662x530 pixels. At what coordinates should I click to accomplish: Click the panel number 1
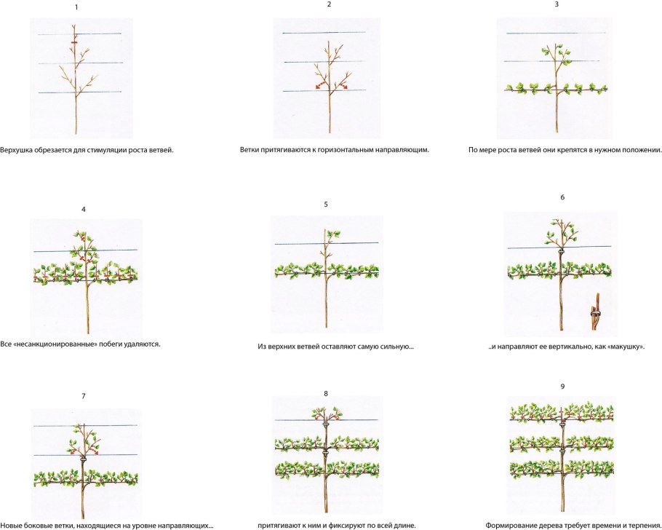[76, 7]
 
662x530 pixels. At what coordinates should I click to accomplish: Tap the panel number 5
[326, 204]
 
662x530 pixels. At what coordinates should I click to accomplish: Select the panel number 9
[562, 387]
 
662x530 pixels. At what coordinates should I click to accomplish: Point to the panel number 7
[84, 396]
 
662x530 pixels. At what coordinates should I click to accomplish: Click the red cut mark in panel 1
[74, 42]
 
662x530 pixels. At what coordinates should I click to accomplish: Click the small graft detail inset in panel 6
[596, 312]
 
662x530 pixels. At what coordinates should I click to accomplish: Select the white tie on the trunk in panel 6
[562, 253]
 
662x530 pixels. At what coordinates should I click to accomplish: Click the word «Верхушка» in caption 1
[15, 150]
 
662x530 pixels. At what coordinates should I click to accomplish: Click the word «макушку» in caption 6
[629, 347]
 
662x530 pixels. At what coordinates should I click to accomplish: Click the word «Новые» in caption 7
[11, 526]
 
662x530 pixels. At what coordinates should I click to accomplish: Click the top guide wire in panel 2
[324, 33]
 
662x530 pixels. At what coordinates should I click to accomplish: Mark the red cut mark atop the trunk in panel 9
[562, 411]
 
